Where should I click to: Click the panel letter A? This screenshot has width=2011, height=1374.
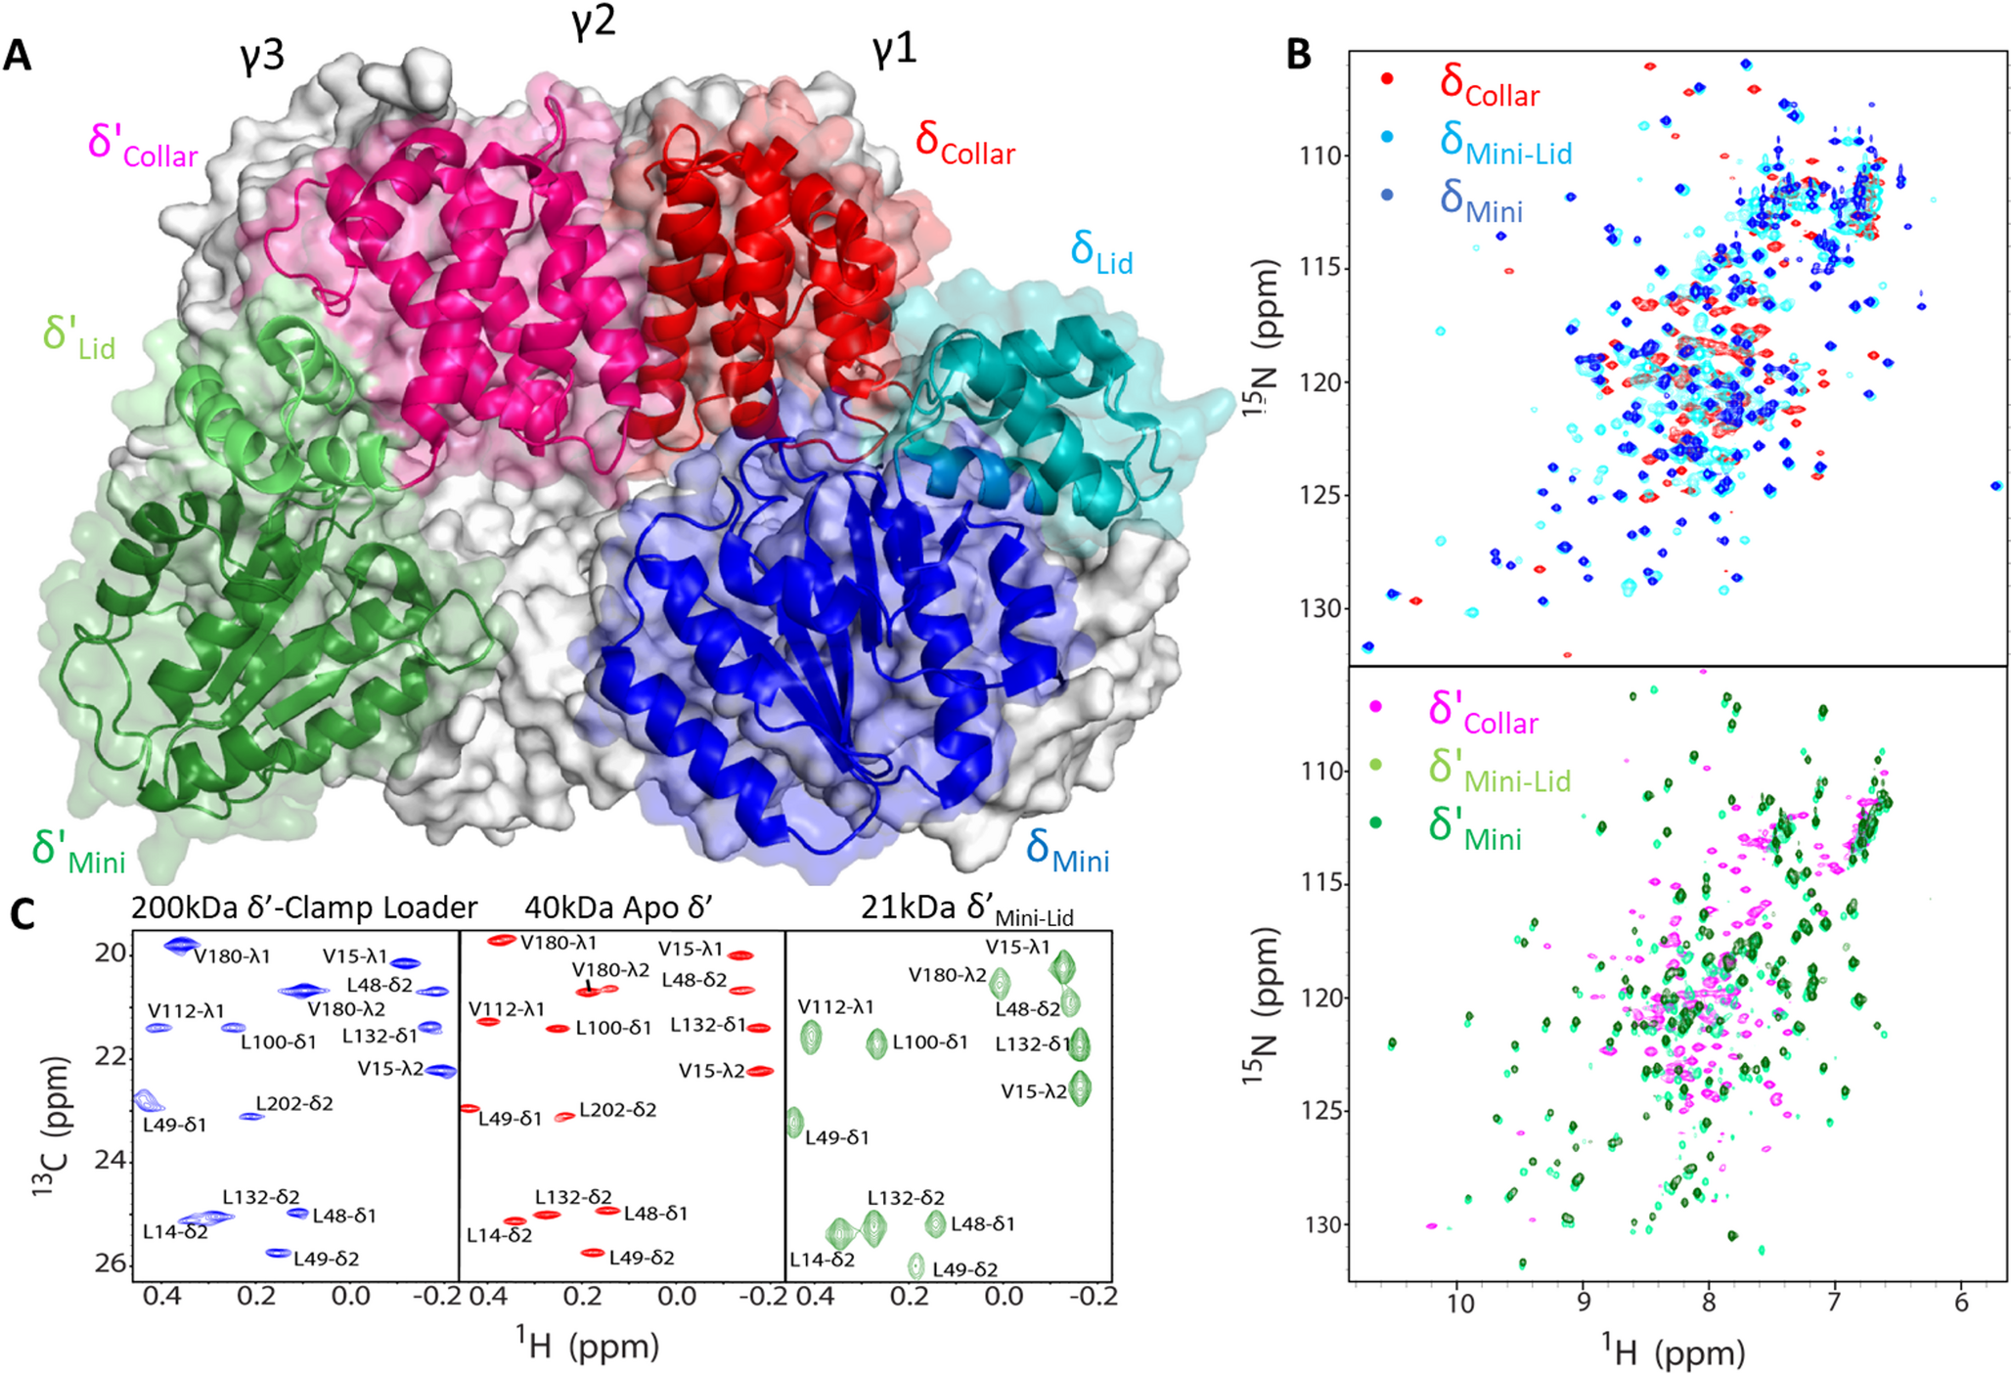pyautogui.click(x=18, y=56)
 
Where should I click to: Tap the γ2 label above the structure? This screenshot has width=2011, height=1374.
pyautogui.click(x=593, y=22)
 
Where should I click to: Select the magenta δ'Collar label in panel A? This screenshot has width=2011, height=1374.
pyautogui.click(x=143, y=145)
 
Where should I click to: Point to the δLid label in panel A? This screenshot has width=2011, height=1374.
pyautogui.click(x=1101, y=252)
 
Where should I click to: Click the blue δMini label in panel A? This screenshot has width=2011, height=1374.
pyautogui.click(x=1067, y=851)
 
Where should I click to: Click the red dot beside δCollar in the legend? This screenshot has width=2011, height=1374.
pyautogui.click(x=1386, y=79)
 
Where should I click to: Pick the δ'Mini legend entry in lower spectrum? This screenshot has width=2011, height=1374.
pyautogui.click(x=1475, y=827)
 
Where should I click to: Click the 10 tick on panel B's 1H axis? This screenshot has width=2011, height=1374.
pyautogui.click(x=1459, y=1304)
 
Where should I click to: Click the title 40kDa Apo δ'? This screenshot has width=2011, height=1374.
pyautogui.click(x=618, y=908)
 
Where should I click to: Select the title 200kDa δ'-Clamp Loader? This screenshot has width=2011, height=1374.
pyautogui.click(x=303, y=908)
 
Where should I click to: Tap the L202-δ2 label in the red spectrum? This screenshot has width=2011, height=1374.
pyautogui.click(x=617, y=1110)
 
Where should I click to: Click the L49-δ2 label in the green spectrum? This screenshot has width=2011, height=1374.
pyautogui.click(x=964, y=1269)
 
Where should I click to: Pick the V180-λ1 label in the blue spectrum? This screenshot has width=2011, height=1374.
pyautogui.click(x=232, y=956)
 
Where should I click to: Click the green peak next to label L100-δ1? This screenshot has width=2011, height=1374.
pyautogui.click(x=876, y=1044)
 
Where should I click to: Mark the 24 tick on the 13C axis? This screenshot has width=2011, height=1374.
pyautogui.click(x=113, y=1160)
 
